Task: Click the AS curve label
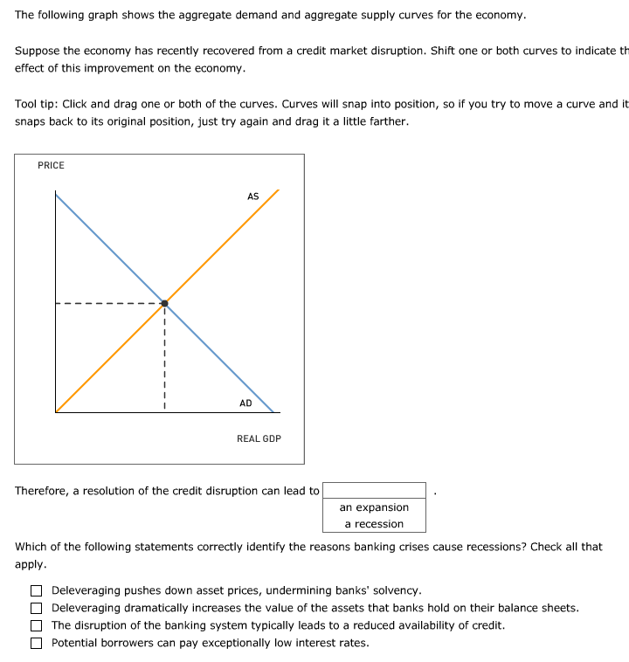click(x=252, y=197)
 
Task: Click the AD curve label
click(x=245, y=403)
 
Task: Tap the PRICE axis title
click(x=51, y=166)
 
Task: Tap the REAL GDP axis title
click(x=259, y=438)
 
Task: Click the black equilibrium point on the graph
click(x=164, y=303)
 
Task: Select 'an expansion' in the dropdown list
click(x=374, y=507)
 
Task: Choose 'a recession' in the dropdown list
click(x=374, y=524)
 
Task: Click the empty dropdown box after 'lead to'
click(x=374, y=491)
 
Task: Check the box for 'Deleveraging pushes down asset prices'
click(x=37, y=591)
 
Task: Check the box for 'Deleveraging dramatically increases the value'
click(x=37, y=609)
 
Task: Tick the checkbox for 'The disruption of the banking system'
click(x=37, y=626)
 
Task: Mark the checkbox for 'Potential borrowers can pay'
click(x=37, y=644)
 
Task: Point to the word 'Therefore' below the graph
click(x=41, y=491)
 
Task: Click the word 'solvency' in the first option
click(x=397, y=591)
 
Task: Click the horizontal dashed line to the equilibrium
click(x=109, y=304)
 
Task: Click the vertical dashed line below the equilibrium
click(x=164, y=358)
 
